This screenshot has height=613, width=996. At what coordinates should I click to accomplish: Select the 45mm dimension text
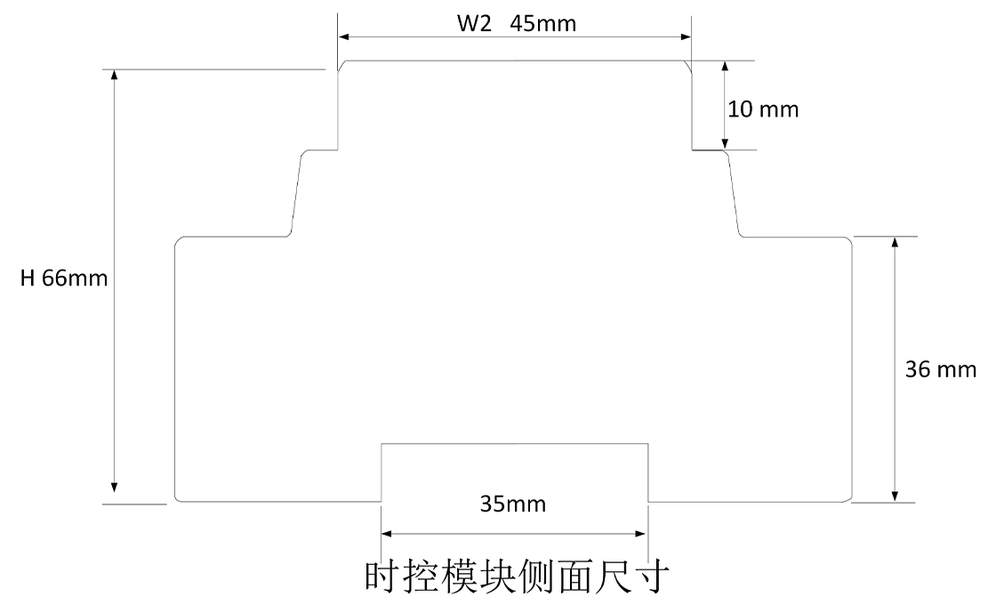point(543,24)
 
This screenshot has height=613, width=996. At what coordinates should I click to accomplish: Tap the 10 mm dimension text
point(763,110)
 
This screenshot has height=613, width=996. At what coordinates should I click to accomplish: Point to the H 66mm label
point(64,278)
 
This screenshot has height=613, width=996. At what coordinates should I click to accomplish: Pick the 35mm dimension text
point(513,505)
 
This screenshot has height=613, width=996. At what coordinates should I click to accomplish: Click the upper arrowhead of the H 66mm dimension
point(114,76)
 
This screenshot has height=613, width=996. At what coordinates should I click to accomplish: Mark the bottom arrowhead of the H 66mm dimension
point(114,486)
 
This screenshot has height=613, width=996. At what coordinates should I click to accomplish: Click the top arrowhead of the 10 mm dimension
point(725,68)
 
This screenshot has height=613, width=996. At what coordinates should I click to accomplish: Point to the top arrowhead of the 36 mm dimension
point(896,244)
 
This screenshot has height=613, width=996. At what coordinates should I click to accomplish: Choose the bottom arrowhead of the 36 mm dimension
point(896,495)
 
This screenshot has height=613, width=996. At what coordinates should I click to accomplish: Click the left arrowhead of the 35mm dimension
point(388,534)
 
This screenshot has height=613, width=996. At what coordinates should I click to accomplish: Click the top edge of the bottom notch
point(514,443)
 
